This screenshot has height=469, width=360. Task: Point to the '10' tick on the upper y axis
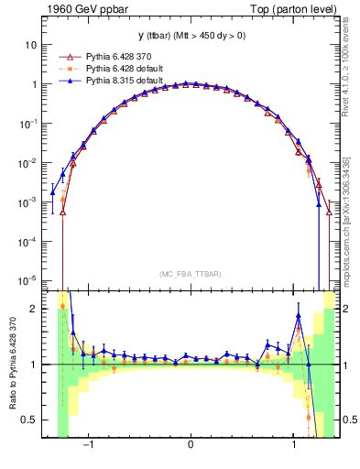pos(31,44)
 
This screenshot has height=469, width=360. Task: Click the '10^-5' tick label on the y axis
pos(27,280)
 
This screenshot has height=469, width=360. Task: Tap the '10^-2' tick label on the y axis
pos(27,162)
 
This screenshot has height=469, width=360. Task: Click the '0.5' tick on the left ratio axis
pos(30,420)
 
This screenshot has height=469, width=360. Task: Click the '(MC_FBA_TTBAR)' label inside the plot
pos(190,274)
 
